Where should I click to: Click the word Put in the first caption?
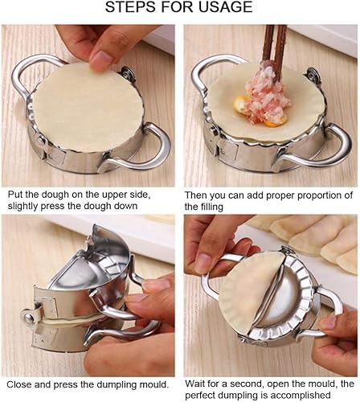tap(15, 195)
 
